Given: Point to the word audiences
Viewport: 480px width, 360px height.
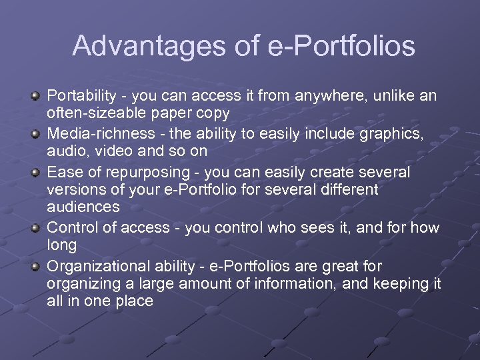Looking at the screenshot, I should pyautogui.click(x=83, y=207).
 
